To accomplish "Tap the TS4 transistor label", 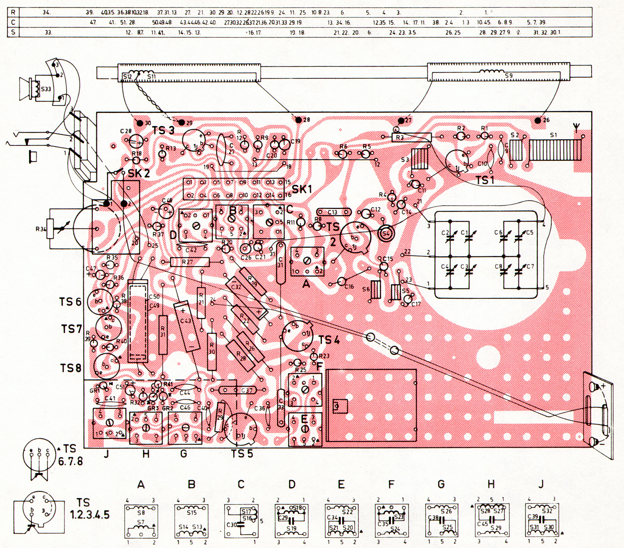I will [x=328, y=340].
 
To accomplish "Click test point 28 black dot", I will [x=298, y=120].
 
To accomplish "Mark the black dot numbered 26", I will [x=538, y=120].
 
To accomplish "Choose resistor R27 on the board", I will [x=189, y=262].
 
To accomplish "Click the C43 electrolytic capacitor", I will [x=187, y=326].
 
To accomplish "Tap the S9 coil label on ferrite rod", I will [x=509, y=75].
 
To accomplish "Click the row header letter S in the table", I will [x=13, y=32].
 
